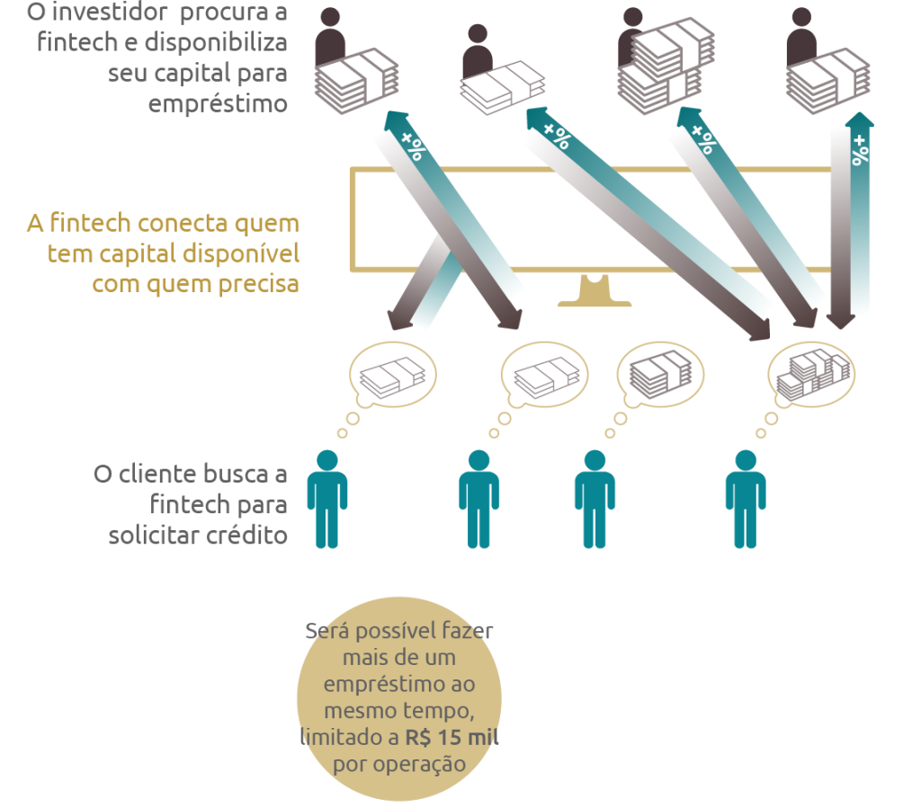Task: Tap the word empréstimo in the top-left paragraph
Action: [219, 103]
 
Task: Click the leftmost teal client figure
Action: [327, 500]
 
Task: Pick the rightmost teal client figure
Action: [746, 500]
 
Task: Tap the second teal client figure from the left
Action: [478, 500]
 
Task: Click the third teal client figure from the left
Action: [595, 500]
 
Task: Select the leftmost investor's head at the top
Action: [331, 19]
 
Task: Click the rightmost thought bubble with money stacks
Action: [811, 370]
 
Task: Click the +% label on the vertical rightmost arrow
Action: [861, 150]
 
